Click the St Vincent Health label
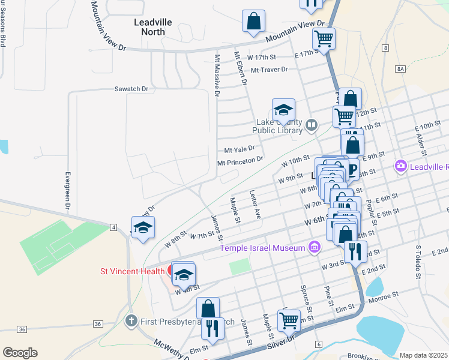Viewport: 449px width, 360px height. [x=131, y=271]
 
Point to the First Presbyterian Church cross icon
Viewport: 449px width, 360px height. [x=132, y=321]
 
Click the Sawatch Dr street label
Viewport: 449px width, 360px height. [x=131, y=89]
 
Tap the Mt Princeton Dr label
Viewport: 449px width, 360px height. [x=240, y=160]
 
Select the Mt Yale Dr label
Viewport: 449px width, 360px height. [x=240, y=148]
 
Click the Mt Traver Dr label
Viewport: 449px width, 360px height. [x=270, y=70]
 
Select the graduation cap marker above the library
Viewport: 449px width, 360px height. [x=283, y=110]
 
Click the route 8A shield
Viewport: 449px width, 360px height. [x=400, y=70]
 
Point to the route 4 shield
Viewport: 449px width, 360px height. [x=113, y=227]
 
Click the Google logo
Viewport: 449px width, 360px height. [x=20, y=353]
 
